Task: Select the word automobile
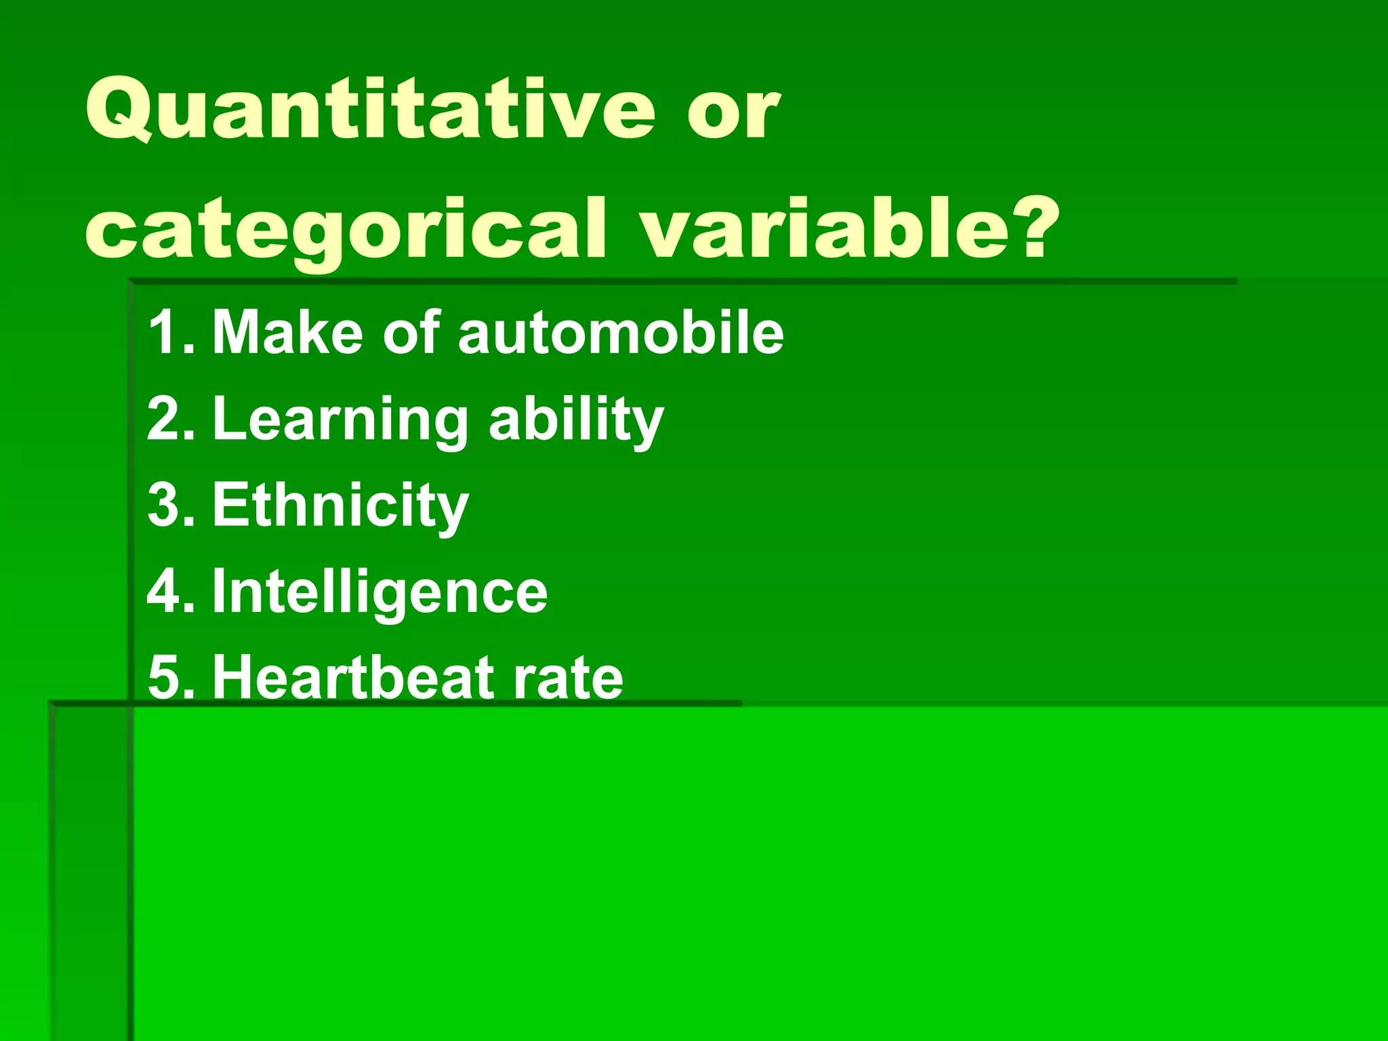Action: pyautogui.click(x=620, y=332)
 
